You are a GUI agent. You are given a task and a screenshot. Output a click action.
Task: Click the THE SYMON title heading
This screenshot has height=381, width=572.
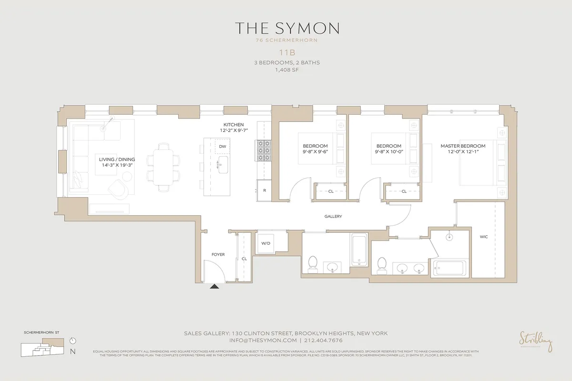286,28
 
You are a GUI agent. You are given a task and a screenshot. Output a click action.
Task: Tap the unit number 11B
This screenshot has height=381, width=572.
286,53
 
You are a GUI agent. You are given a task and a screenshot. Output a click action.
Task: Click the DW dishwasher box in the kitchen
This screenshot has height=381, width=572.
223,146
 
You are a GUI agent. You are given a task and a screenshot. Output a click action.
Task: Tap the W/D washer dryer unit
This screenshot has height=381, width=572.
266,243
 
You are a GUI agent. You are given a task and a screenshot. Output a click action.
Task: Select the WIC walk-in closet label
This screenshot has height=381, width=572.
484,237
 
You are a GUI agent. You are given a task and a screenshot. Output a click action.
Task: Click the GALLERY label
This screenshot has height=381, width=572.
333,216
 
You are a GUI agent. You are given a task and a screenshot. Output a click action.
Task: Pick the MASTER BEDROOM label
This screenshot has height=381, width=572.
462,146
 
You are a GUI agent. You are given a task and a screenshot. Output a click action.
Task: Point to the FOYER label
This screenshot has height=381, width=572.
218,255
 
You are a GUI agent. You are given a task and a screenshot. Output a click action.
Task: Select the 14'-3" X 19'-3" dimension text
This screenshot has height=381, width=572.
117,167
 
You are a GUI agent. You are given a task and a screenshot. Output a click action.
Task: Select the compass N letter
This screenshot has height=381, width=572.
72,352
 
